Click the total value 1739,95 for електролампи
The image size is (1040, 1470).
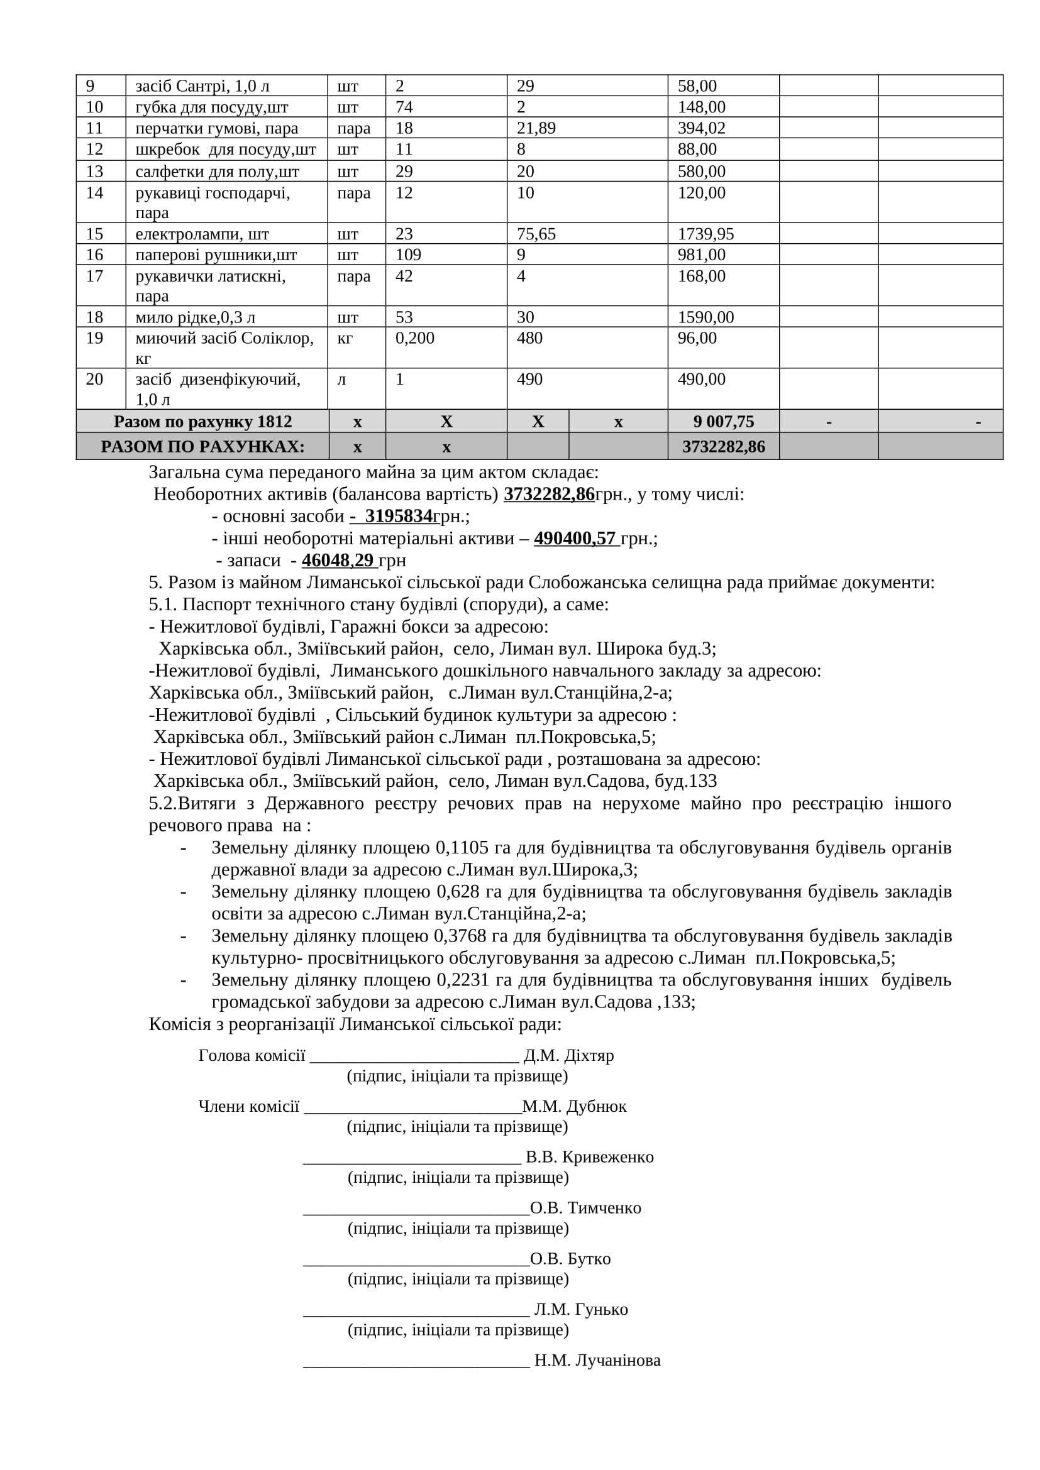click(705, 234)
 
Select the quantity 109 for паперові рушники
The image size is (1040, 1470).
click(408, 255)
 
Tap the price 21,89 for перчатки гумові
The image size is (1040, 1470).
click(536, 128)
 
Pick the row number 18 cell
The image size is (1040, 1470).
click(94, 317)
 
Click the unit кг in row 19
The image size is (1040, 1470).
click(345, 338)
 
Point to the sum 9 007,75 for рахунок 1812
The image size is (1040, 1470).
click(723, 421)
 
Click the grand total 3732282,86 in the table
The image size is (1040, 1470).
click(723, 446)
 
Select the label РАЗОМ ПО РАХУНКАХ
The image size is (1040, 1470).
click(202, 446)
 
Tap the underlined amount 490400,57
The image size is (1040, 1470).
click(575, 539)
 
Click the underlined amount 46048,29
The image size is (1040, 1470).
click(338, 560)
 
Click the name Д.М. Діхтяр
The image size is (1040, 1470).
click(568, 1055)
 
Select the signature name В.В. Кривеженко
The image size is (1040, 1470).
click(589, 1157)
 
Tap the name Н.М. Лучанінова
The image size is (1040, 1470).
click(597, 1360)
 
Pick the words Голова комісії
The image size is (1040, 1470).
click(251, 1055)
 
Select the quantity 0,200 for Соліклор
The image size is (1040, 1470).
click(414, 338)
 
